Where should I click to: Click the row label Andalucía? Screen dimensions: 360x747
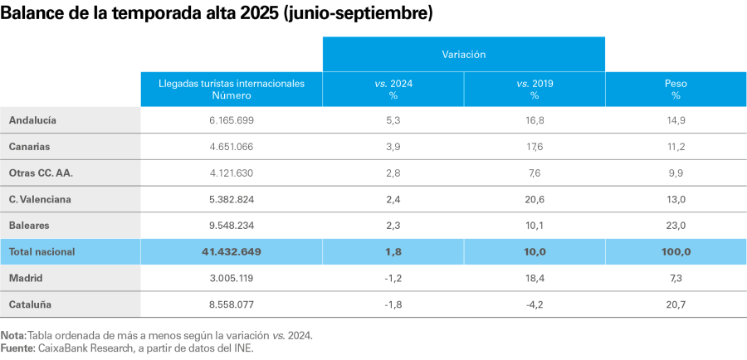[32, 120]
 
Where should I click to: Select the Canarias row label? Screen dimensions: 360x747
[30, 147]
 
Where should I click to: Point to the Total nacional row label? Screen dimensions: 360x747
[42, 251]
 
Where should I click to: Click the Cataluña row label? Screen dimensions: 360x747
[30, 304]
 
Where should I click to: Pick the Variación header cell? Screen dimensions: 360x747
[463, 54]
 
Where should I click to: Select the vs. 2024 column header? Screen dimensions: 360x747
[393, 89]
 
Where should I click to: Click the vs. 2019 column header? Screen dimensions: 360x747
[534, 89]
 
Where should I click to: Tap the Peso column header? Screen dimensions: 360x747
[676, 89]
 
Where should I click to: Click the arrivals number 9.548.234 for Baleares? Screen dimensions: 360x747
[231, 226]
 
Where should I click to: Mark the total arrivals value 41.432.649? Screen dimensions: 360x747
[231, 251]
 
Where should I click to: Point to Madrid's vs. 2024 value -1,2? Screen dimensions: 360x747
[393, 278]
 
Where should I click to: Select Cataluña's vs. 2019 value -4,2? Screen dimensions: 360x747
[534, 304]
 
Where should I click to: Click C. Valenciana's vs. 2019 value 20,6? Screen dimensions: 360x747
[534, 199]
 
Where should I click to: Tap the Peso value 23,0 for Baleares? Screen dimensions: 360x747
[676, 226]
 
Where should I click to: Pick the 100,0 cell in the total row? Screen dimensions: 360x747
[676, 251]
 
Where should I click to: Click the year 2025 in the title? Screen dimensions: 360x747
[252, 14]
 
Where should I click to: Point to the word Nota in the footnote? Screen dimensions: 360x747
[12, 335]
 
